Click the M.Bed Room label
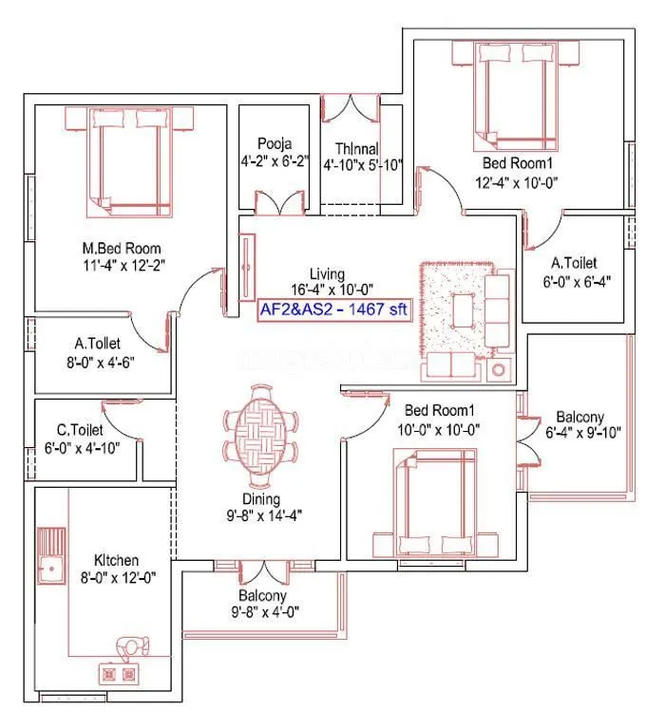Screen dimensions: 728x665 121,249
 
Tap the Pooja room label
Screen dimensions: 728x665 274,144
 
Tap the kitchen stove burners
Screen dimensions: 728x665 118,674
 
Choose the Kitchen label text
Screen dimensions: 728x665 116,560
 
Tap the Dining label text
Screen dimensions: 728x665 259,499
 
